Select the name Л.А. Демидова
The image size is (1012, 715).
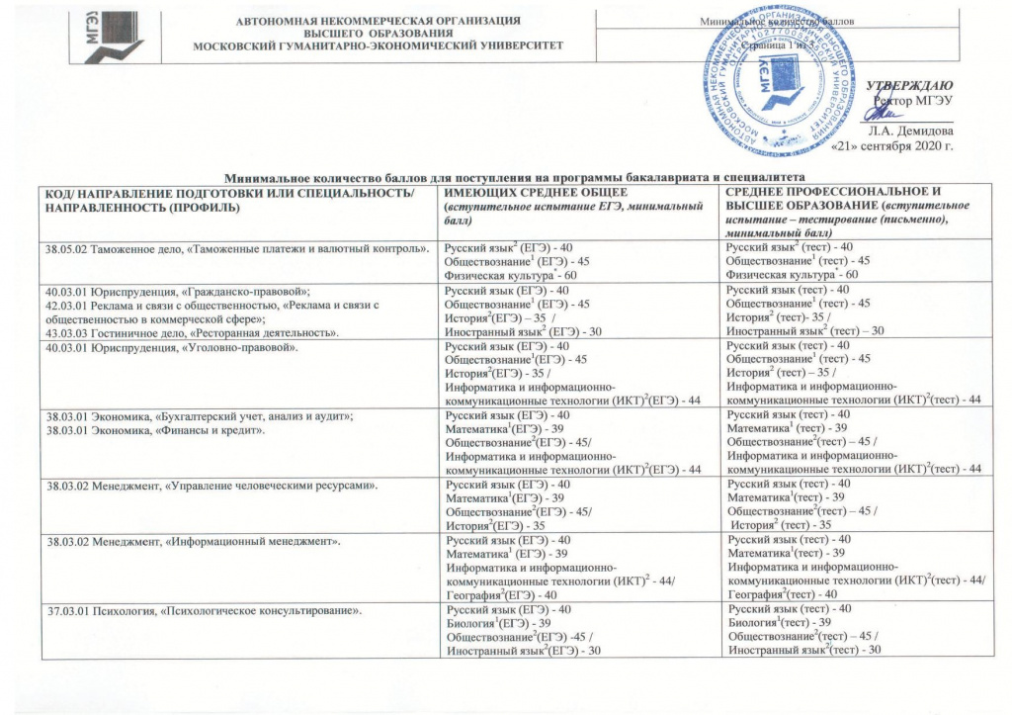910,131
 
